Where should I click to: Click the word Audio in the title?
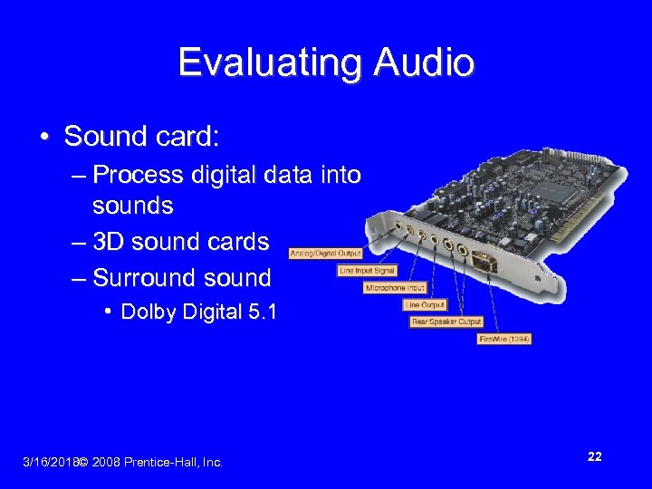(422, 62)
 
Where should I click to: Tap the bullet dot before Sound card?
(43, 137)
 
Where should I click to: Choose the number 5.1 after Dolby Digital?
(263, 312)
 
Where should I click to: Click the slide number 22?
(594, 456)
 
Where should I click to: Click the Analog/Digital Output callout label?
(325, 254)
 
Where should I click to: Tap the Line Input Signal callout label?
(367, 271)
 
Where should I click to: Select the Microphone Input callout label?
(395, 288)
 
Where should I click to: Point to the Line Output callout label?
(425, 305)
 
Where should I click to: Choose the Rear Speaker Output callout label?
(447, 321)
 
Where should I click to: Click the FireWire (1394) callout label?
(504, 339)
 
